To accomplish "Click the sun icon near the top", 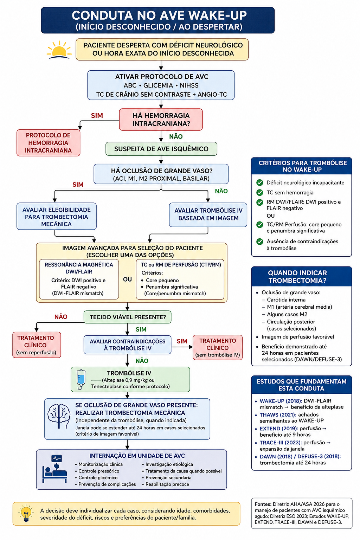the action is pos(59,50).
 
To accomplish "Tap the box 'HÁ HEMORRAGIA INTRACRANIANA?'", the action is pos(161,120).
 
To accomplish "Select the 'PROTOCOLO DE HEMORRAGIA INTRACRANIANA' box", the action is pos(48,143).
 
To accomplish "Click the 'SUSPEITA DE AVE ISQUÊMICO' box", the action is pos(161,149).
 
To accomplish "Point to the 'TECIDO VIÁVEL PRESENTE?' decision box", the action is pos(127,317).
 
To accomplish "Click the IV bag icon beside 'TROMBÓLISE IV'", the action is pos(81,379).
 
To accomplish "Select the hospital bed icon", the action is pos(55,469).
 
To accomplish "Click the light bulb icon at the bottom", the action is pos(26,514).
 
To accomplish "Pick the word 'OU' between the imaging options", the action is pos(127,279).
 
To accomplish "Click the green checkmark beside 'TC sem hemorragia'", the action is pos(260,193).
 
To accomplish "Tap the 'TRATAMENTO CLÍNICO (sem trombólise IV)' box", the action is pos(218,347).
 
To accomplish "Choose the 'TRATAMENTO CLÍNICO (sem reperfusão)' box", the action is pos(37,345).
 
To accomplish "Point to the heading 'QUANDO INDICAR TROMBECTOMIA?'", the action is pos(297,277).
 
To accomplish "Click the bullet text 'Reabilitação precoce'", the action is pos(167,484).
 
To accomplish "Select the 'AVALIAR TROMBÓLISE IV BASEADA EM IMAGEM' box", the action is pos(208,214).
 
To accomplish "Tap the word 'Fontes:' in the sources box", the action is pos(263,504).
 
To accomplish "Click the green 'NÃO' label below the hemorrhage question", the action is pos(176,137).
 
